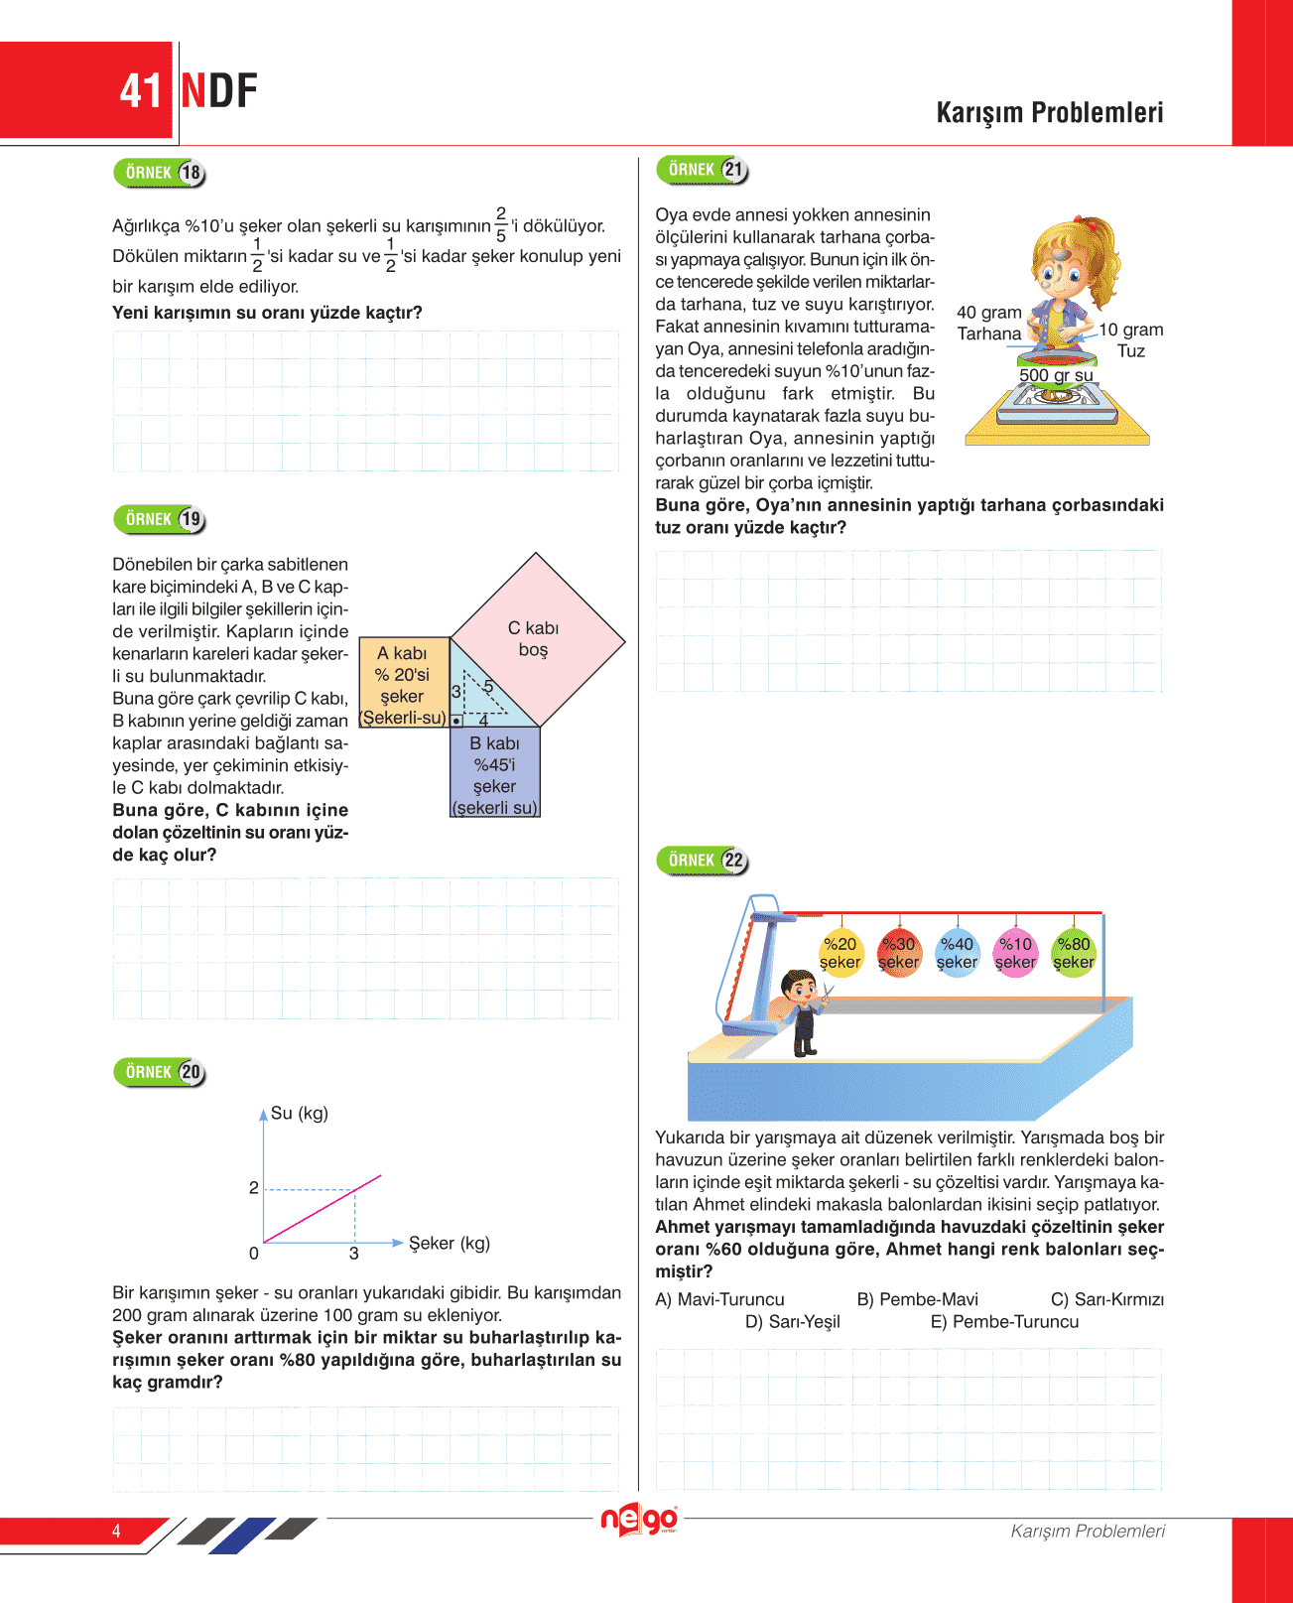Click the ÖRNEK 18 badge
pos(160,173)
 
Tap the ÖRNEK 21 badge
pos(703,170)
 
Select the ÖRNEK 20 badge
pos(160,1072)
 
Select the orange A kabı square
pos(403,683)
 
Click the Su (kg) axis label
pos(299,1114)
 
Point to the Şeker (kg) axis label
pos(450,1244)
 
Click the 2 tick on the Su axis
pos(254,1188)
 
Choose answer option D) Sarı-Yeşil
pos(793,1322)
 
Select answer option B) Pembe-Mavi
pos(917,1299)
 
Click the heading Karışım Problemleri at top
pos(1049,112)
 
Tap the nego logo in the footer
pos(639,1520)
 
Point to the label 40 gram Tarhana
pos(988,324)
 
